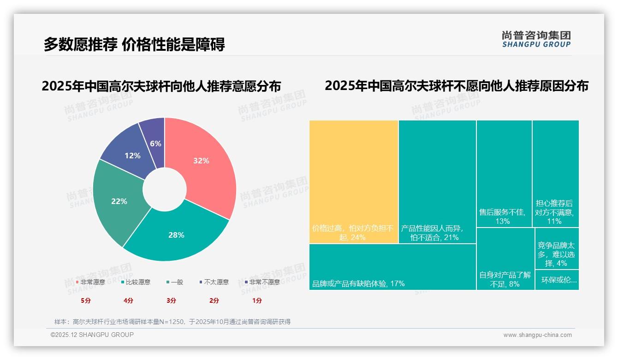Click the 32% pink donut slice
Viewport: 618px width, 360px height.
pyautogui.click(x=203, y=162)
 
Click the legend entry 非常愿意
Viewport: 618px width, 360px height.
pyautogui.click(x=90, y=282)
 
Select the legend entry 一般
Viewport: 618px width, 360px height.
pyautogui.click(x=175, y=282)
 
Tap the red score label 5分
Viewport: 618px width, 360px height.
pyautogui.click(x=86, y=300)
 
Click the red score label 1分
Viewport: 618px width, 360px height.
pyautogui.click(x=257, y=300)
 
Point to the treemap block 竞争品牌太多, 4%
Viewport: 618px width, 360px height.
pyautogui.click(x=557, y=249)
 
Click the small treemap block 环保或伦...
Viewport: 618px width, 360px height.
pyautogui.click(x=557, y=280)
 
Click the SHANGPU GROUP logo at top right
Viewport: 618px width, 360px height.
pyautogui.click(x=536, y=39)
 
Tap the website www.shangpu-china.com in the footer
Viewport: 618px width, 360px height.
pyautogui.click(x=537, y=335)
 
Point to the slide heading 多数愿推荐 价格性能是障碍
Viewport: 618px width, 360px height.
pyautogui.click(x=134, y=45)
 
